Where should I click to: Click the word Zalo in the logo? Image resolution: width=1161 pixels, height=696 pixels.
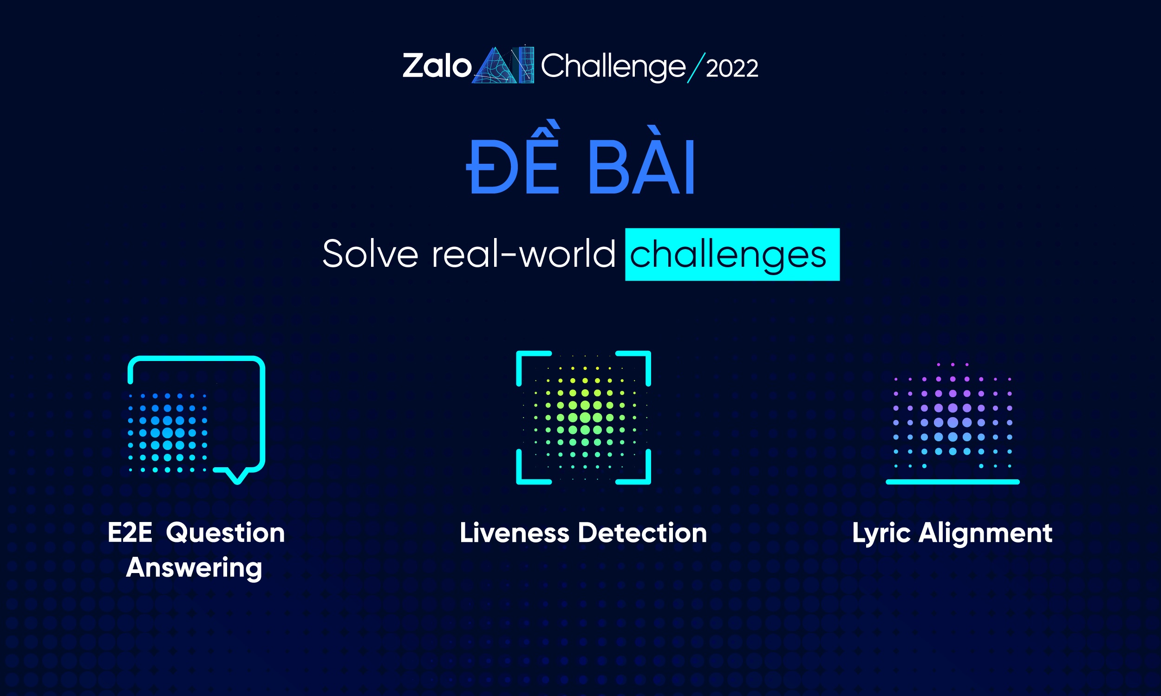pyautogui.click(x=437, y=66)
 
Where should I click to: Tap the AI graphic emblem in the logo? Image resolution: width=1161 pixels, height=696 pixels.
pyautogui.click(x=503, y=66)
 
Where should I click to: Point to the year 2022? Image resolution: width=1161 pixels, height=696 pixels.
pyautogui.click(x=731, y=69)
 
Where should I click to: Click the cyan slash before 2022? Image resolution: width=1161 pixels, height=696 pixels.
pyautogui.click(x=696, y=68)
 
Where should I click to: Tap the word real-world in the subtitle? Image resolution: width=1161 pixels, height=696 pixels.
pyautogui.click(x=523, y=254)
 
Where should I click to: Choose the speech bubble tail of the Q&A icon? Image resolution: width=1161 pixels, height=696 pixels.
pyautogui.click(x=237, y=475)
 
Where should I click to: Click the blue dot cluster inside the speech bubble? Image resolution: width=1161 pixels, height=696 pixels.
pyautogui.click(x=168, y=432)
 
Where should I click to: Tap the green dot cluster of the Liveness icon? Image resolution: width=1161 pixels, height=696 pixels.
pyautogui.click(x=585, y=417)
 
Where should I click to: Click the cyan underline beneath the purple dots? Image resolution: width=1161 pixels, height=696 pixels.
pyautogui.click(x=952, y=482)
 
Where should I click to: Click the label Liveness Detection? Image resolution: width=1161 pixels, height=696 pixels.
pyautogui.click(x=583, y=533)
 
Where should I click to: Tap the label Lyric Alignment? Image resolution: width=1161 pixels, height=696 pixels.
pyautogui.click(x=952, y=533)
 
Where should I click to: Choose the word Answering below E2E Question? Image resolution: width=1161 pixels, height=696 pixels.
pyautogui.click(x=194, y=567)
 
